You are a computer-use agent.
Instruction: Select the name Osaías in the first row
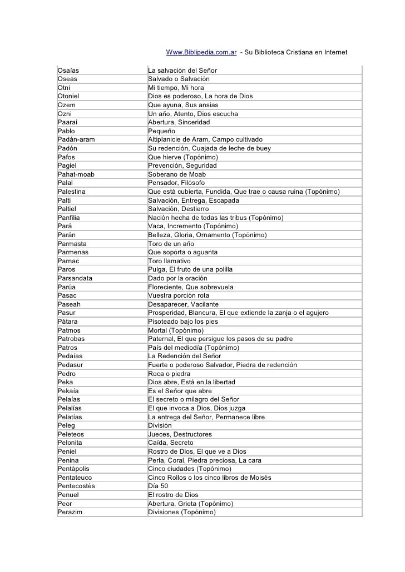pyautogui.click(x=68, y=71)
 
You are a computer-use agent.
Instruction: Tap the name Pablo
pyautogui.click(x=67, y=131)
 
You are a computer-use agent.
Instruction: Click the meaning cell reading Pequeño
pyautogui.click(x=161, y=131)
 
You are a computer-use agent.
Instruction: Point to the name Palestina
pyautogui.click(x=72, y=192)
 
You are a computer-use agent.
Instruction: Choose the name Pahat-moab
pyautogui.click(x=76, y=174)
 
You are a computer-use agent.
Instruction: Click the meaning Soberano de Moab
pyautogui.click(x=177, y=174)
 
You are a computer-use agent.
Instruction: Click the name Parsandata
pyautogui.click(x=75, y=278)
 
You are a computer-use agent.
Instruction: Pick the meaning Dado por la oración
pyautogui.click(x=177, y=278)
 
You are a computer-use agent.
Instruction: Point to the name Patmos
pyautogui.click(x=69, y=330)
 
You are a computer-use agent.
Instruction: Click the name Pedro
pyautogui.click(x=67, y=373)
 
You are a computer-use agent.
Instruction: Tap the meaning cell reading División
pyautogui.click(x=160, y=425)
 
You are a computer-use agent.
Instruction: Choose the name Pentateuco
pyautogui.click(x=75, y=477)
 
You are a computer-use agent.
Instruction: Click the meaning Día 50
pyautogui.click(x=158, y=486)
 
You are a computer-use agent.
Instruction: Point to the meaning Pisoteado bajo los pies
pyautogui.click(x=182, y=321)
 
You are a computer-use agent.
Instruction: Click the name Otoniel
pyautogui.click(x=69, y=97)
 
